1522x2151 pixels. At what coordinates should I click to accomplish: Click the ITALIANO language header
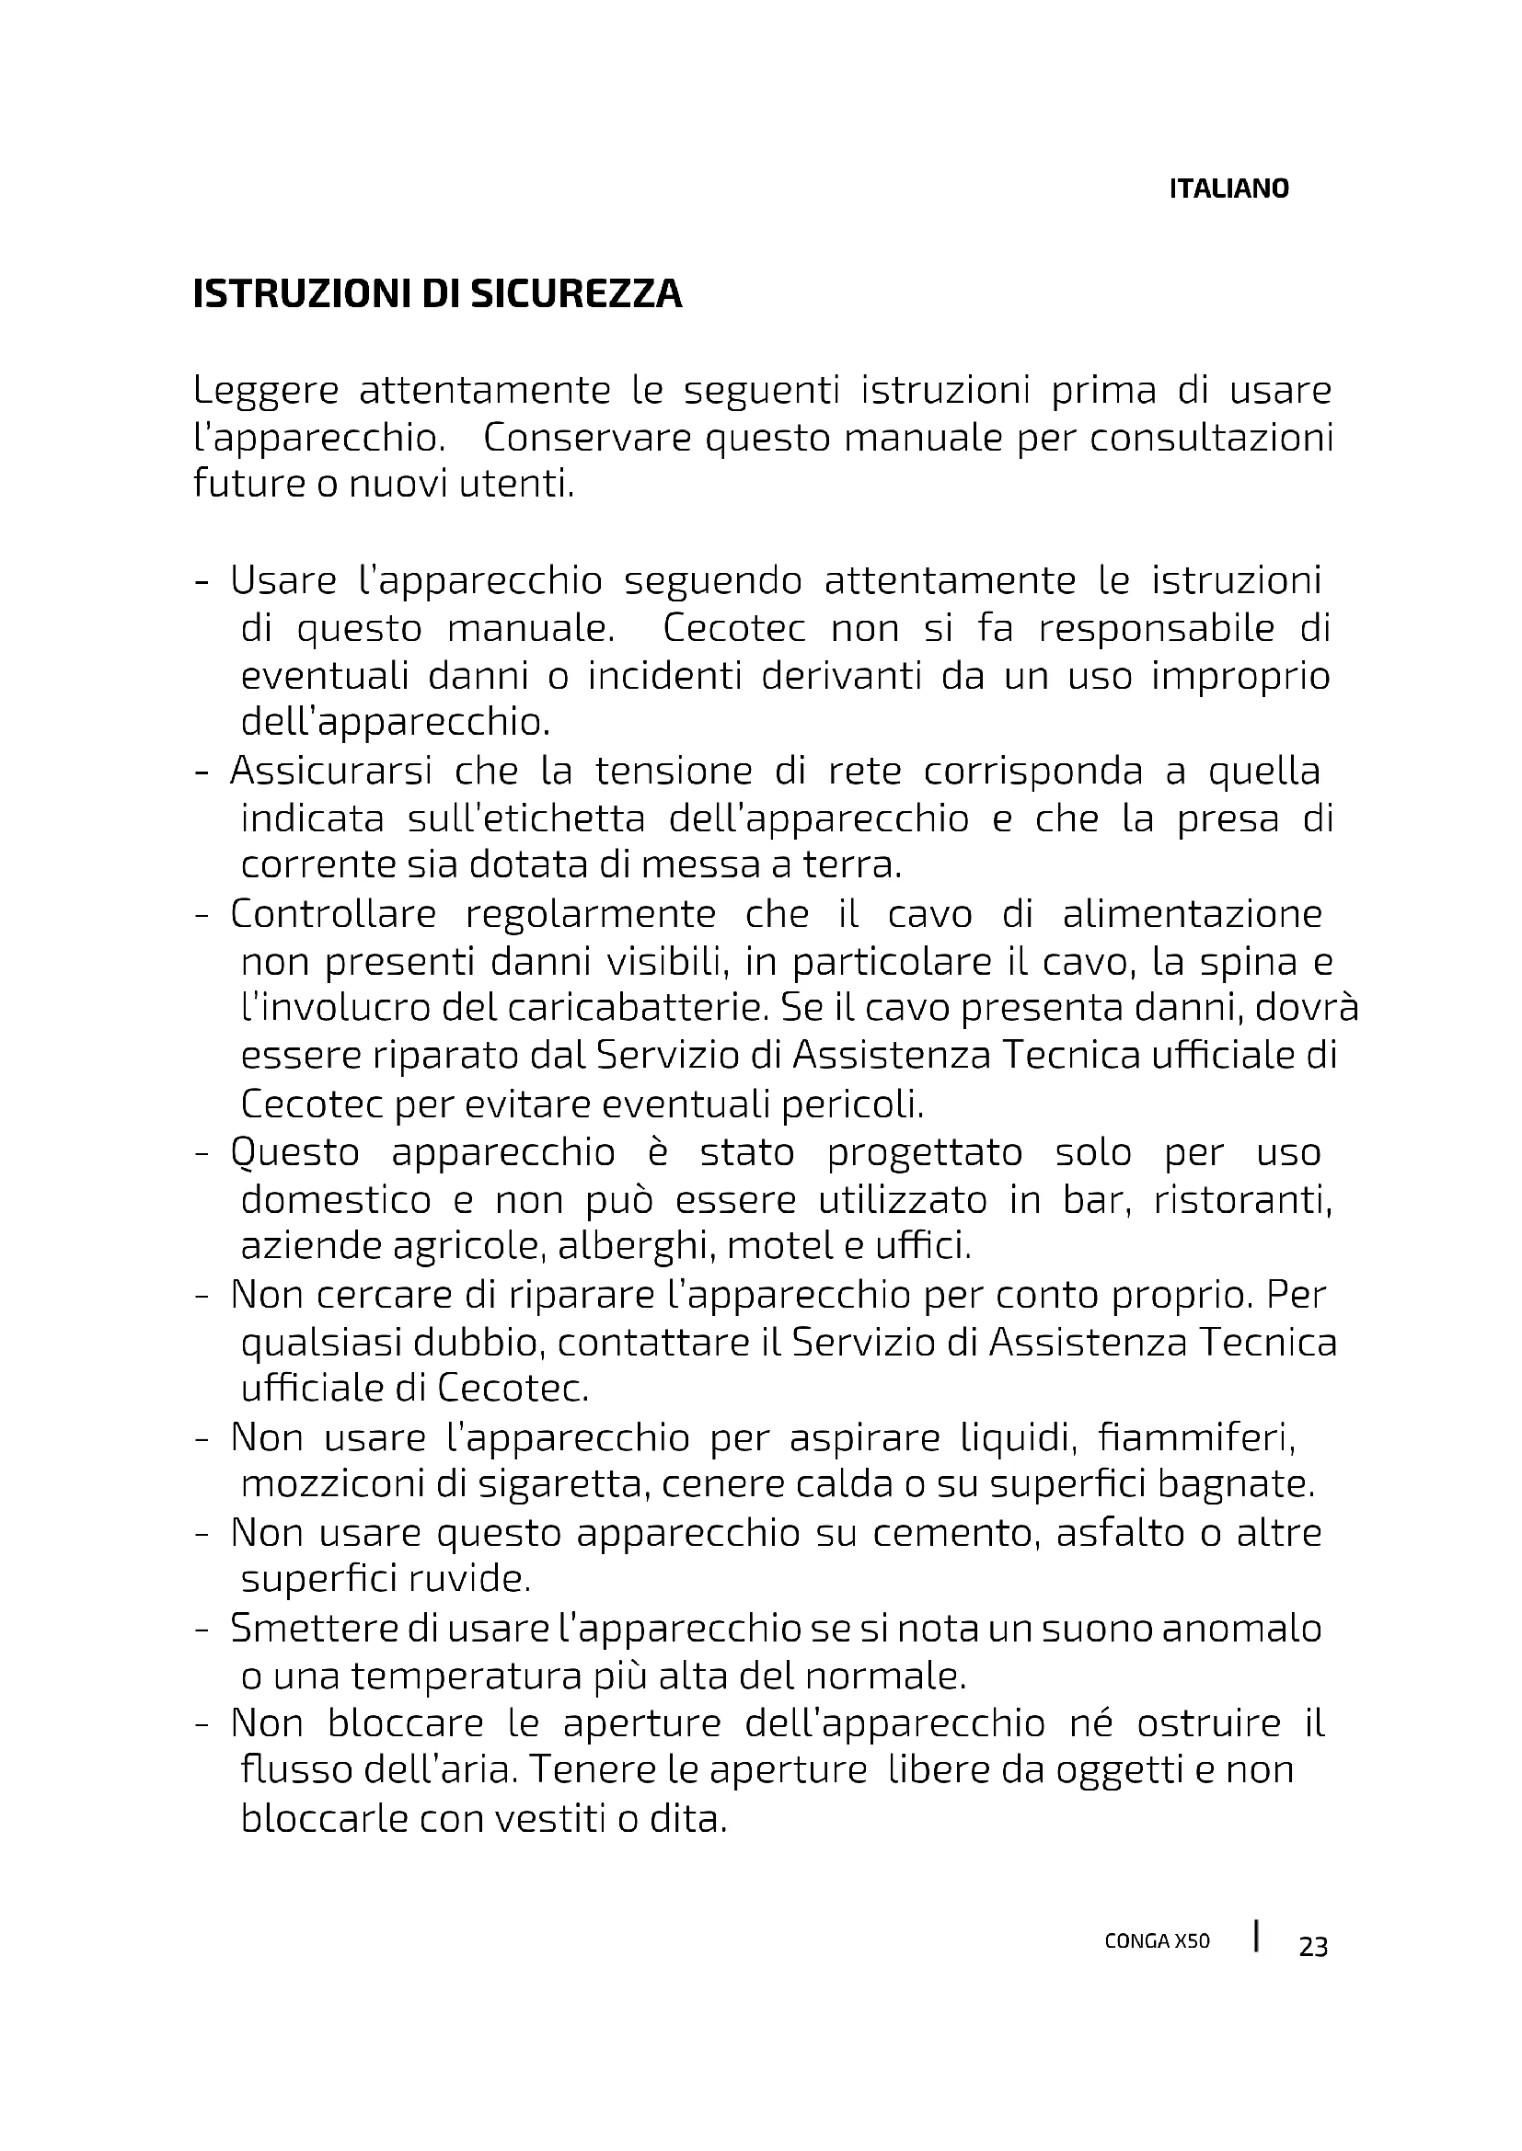(x=1228, y=189)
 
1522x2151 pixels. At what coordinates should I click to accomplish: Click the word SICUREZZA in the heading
(x=575, y=294)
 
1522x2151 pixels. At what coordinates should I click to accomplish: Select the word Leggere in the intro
(x=265, y=391)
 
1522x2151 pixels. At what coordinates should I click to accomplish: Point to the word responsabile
(x=1157, y=628)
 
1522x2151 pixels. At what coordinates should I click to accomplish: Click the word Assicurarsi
(x=331, y=771)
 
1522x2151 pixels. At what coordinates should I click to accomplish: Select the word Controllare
(x=334, y=913)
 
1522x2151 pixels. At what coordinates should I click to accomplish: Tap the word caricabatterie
(x=638, y=1008)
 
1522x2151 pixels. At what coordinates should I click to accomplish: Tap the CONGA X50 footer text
(x=1158, y=1941)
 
